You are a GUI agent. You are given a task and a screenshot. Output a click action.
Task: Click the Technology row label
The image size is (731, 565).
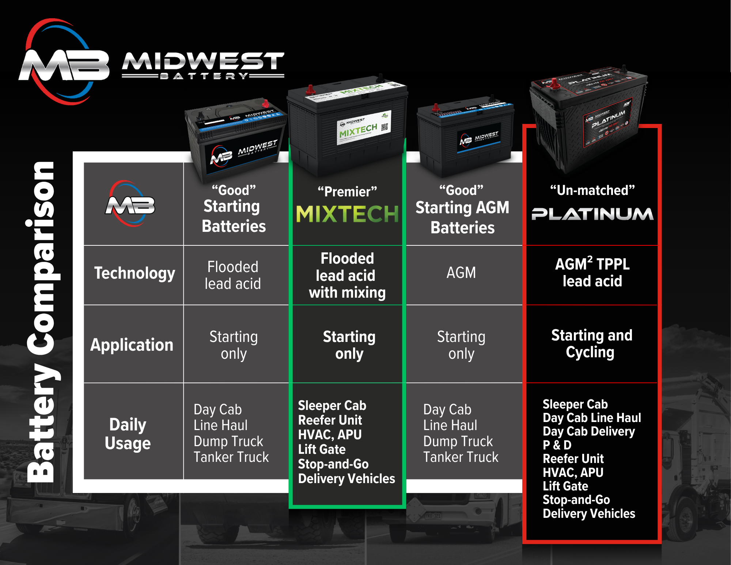point(135,273)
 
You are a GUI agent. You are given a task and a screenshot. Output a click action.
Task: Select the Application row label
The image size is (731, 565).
point(132,345)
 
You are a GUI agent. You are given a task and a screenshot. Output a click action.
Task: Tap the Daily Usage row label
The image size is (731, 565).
point(128,434)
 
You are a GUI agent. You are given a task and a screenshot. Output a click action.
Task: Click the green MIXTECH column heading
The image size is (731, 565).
point(347,214)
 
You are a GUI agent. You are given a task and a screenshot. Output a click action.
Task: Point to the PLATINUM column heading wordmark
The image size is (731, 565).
point(592,214)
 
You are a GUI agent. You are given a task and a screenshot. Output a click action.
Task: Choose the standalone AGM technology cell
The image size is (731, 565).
point(461,273)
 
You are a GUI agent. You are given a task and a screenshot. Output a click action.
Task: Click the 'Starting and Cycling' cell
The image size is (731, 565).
point(591,344)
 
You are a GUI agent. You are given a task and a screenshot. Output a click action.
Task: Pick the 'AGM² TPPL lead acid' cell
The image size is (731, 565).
point(592,272)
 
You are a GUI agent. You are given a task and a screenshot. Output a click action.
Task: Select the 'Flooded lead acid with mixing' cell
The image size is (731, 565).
point(347,275)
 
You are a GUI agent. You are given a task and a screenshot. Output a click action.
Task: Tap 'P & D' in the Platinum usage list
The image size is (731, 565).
point(557,445)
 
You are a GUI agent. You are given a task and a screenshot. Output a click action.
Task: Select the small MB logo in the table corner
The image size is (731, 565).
point(130,204)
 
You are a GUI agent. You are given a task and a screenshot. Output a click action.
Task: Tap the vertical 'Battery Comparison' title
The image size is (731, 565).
point(41,322)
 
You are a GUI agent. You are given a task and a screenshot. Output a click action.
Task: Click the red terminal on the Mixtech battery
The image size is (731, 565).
point(310,89)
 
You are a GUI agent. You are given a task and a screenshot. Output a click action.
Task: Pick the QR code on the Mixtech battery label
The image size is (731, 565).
point(384,127)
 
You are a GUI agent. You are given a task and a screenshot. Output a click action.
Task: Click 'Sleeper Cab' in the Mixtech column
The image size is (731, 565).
point(332,406)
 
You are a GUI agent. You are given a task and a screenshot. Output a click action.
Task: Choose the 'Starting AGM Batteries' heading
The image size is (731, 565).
point(462,218)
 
